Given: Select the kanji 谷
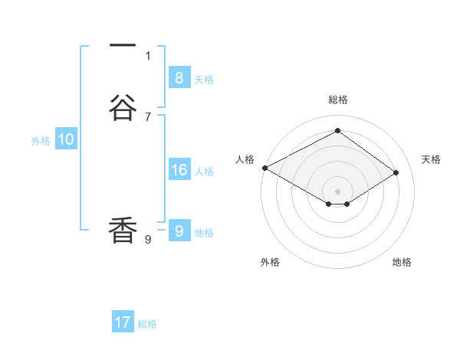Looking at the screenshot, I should click(123, 109).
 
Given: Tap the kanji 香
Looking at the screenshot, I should click(123, 231).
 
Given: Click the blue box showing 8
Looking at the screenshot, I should click(179, 77).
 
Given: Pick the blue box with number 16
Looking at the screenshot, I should click(179, 170).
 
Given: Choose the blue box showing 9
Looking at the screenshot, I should click(179, 231).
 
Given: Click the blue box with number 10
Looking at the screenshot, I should click(66, 139).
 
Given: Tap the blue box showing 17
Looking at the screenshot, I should click(123, 322).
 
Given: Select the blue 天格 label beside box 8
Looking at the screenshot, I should click(204, 80).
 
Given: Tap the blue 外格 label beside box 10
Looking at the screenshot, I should click(41, 141).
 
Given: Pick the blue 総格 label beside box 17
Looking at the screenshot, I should click(147, 325).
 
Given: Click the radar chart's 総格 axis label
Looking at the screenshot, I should click(338, 100).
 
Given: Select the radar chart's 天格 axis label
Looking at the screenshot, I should click(431, 159).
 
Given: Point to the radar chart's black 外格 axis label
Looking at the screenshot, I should click(270, 263).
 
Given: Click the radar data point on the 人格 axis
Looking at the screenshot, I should click(264, 168).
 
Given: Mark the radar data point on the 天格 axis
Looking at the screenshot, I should click(396, 173).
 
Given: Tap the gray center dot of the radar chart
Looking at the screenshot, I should click(338, 191).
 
